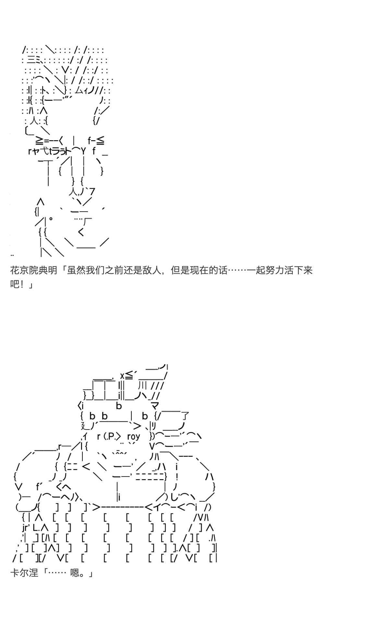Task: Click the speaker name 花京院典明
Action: [x=34, y=270]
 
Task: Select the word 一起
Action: [x=256, y=270]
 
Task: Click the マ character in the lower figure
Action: [x=155, y=406]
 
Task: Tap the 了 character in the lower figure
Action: [x=185, y=416]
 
